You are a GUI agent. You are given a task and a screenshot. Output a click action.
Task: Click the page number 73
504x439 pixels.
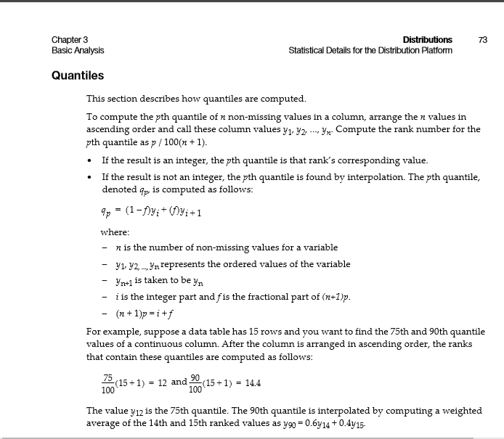point(483,39)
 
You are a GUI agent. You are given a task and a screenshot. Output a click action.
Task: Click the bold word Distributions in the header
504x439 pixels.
point(427,39)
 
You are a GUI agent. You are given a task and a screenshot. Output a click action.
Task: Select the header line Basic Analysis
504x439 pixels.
point(78,50)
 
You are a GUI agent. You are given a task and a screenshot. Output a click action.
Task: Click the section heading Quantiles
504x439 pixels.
point(78,75)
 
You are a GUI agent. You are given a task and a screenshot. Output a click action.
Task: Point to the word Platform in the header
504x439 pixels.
point(434,50)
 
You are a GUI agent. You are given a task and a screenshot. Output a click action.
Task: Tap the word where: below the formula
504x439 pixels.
point(115,232)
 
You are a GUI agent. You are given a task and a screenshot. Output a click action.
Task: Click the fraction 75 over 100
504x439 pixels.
point(107,383)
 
